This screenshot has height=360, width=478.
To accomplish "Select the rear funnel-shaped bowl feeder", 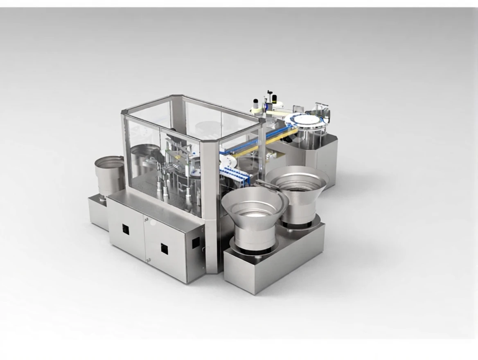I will (298, 188).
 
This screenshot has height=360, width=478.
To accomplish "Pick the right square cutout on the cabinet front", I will (164, 248).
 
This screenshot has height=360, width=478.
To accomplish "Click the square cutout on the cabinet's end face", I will (196, 243).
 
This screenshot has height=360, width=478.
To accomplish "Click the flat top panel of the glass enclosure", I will (192, 119).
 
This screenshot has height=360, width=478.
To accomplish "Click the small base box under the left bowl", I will (98, 211).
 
